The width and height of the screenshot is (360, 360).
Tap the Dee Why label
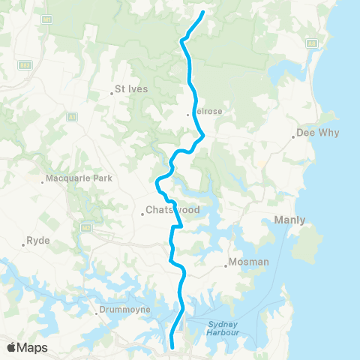(x=318, y=132)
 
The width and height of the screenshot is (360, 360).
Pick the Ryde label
(x=37, y=241)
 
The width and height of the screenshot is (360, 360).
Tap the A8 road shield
(x=309, y=44)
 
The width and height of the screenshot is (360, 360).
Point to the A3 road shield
(x=72, y=116)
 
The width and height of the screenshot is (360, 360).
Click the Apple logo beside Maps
(x=12, y=347)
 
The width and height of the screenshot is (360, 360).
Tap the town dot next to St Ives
(x=112, y=93)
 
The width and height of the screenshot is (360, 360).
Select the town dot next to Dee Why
(x=294, y=137)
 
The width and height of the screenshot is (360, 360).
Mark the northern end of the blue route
(x=203, y=13)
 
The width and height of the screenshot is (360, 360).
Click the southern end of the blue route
(x=173, y=346)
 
